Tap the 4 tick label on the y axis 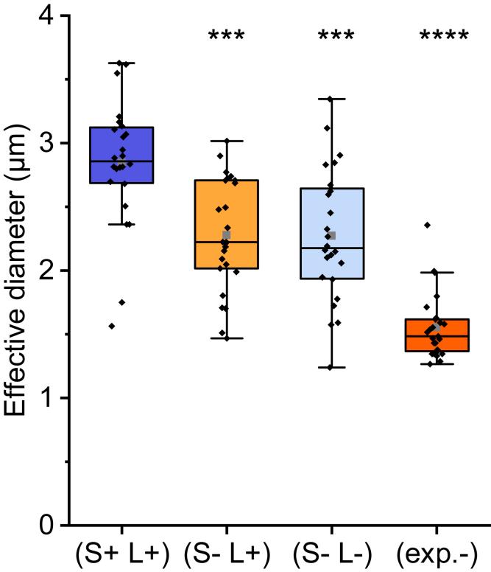[x=46, y=16]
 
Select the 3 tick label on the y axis [x=46, y=144]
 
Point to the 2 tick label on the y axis [x=46, y=271]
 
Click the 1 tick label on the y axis [x=46, y=399]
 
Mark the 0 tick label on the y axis [x=46, y=526]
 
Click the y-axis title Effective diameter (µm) [x=18, y=271]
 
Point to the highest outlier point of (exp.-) [x=426, y=225]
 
